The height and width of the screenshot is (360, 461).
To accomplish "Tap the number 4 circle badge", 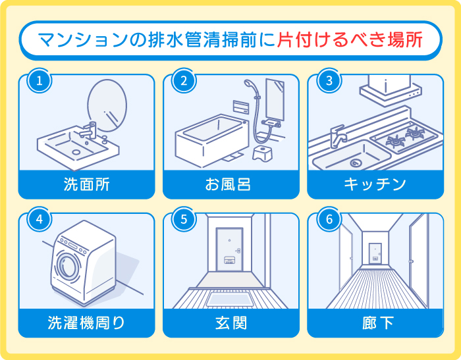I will (40, 220).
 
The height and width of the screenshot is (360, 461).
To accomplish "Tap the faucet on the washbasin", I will (92, 128).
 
